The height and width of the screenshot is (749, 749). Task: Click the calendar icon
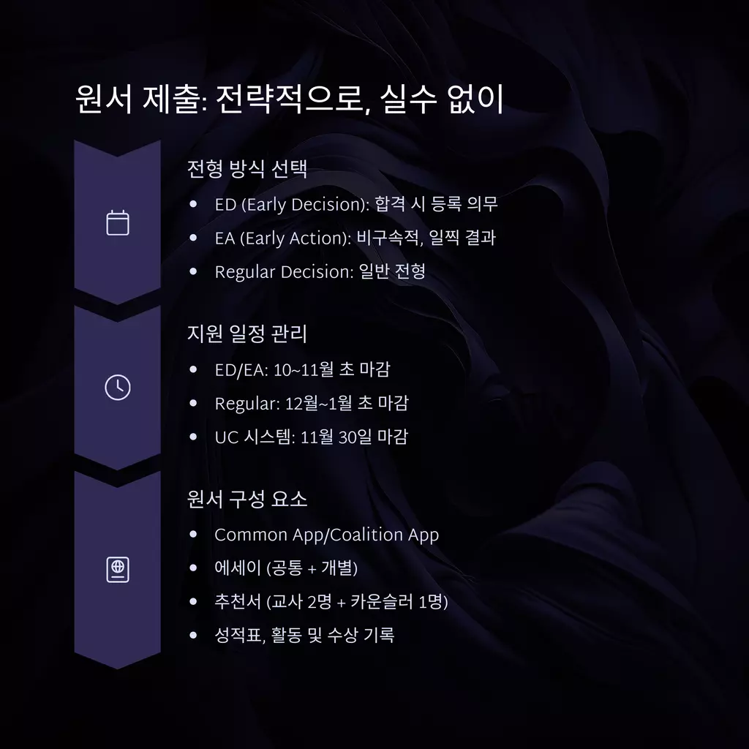coord(118,222)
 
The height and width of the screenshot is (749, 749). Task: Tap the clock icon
coord(118,388)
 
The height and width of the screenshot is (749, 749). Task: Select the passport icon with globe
coord(118,569)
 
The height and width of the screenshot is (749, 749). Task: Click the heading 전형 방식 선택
coord(246,169)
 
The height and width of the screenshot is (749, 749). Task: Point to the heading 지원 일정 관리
coord(246,334)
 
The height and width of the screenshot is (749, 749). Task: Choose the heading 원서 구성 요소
coord(246,499)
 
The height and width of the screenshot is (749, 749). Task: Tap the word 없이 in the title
coord(475,99)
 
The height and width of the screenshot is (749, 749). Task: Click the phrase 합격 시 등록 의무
coord(436,204)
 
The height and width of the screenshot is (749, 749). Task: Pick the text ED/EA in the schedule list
coord(241,369)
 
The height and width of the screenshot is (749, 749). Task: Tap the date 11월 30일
coord(338,437)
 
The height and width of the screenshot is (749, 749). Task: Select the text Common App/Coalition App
coord(327,535)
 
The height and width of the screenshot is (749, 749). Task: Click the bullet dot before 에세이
coord(193,568)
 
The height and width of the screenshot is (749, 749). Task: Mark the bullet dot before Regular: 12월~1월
coord(193,403)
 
